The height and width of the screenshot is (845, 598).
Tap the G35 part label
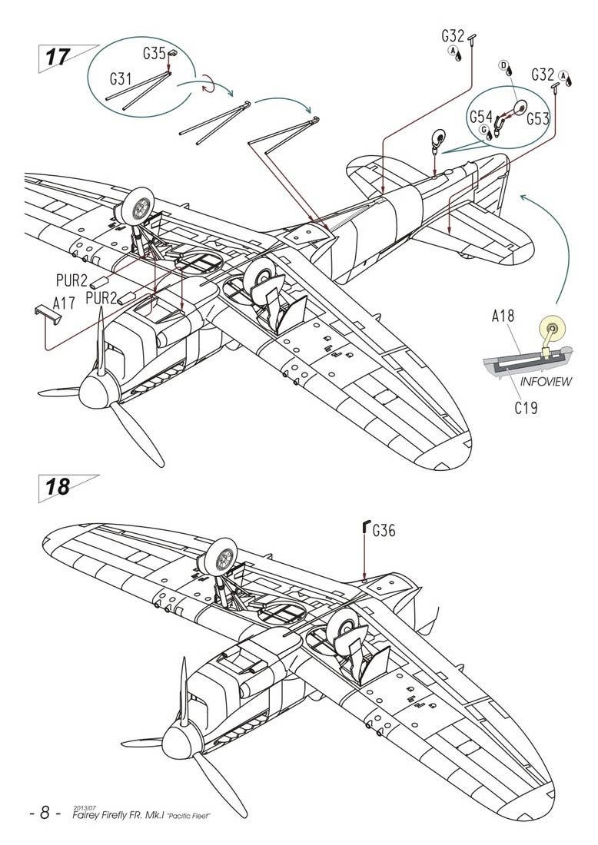pos(154,54)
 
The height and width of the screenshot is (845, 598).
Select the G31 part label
pos(121,78)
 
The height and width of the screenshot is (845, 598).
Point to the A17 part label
pos(65,303)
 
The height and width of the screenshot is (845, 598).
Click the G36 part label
pos(384,530)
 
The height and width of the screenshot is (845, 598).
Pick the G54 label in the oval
pos(480,117)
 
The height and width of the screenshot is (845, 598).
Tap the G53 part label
pos(539,119)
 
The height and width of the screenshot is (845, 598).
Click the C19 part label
pos(526,408)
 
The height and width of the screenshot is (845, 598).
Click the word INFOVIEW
pos(546,382)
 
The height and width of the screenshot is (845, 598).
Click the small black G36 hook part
pos(364,527)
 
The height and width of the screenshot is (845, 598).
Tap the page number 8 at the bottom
pos(44,813)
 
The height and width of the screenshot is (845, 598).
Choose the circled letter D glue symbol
pos(504,67)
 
